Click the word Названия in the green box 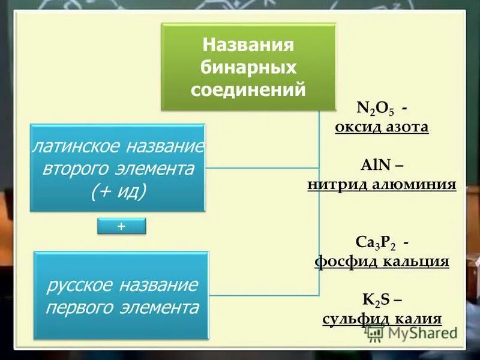click(x=248, y=46)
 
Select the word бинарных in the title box click(x=248, y=67)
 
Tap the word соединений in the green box click(x=248, y=89)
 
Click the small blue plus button click(x=122, y=226)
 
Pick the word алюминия click(x=415, y=184)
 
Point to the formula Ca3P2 click(x=375, y=242)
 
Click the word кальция click(x=416, y=262)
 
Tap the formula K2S click(x=376, y=299)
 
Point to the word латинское click(x=77, y=146)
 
